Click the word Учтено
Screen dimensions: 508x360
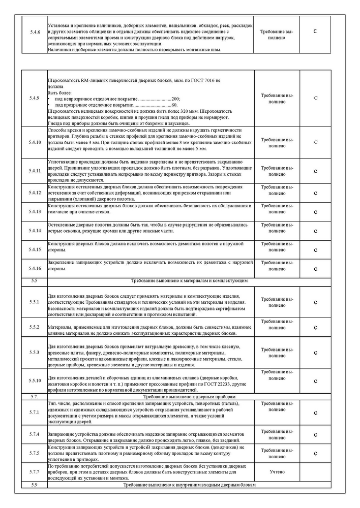point(276,472)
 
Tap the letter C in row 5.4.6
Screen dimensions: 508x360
point(315,31)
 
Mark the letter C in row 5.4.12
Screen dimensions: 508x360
point(315,193)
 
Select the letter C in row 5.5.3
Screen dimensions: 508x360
point(315,352)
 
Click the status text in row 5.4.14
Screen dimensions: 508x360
point(276,230)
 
